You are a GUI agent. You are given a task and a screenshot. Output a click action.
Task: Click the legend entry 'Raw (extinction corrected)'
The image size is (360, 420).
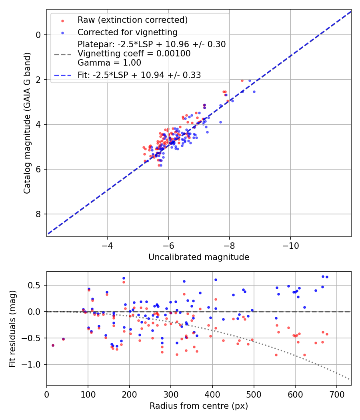click(x=132, y=20)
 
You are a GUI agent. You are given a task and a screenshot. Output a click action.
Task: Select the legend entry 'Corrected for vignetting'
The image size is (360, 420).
click(x=127, y=32)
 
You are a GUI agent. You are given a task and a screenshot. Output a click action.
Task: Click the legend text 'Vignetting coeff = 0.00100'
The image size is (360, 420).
click(x=134, y=53)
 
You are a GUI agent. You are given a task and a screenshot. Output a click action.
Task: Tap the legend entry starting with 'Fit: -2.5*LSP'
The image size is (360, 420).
click(x=139, y=75)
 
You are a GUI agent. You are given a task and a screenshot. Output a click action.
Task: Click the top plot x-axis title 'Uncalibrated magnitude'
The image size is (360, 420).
click(x=199, y=257)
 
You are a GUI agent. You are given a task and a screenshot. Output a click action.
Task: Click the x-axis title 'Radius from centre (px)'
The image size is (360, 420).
click(x=199, y=406)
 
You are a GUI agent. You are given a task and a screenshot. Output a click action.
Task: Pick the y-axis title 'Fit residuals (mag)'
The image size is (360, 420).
click(x=12, y=328)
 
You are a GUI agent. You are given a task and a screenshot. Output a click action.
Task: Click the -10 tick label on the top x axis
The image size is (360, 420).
click(x=290, y=245)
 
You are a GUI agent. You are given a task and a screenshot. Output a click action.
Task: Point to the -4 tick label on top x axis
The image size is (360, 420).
click(x=107, y=245)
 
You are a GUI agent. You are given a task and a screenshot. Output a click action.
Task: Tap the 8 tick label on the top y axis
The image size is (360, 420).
click(x=39, y=214)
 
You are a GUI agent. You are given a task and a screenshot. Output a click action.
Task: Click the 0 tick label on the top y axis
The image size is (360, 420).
click(x=39, y=35)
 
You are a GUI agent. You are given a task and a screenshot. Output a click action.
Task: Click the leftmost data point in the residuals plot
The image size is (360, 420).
click(x=53, y=345)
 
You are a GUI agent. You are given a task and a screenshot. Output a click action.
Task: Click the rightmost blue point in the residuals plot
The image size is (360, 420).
click(x=327, y=277)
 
